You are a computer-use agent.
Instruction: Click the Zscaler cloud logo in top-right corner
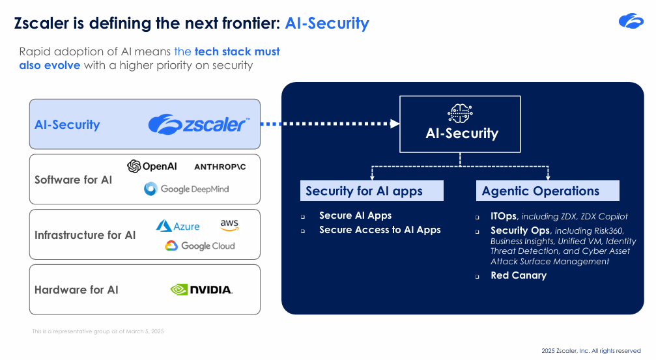[631, 21]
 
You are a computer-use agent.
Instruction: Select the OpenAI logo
[152, 167]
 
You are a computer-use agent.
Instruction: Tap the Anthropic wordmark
[220, 167]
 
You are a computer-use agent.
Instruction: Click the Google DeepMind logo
[186, 189]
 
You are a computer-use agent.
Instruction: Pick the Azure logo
[178, 227]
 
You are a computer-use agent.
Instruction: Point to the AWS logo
[229, 225]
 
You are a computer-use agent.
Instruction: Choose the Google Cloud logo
[199, 245]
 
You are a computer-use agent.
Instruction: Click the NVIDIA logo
[201, 290]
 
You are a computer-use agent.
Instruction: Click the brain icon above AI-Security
[460, 113]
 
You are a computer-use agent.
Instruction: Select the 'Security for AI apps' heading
[364, 191]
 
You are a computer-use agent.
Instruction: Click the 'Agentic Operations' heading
[540, 191]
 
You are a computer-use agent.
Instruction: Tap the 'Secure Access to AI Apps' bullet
[380, 230]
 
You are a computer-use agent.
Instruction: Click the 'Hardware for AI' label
[76, 290]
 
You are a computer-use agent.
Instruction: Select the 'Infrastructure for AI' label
[85, 235]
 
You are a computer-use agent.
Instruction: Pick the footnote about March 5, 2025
[98, 331]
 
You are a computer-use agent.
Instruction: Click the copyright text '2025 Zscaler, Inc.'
[591, 351]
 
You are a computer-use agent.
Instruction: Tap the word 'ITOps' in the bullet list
[504, 216]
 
